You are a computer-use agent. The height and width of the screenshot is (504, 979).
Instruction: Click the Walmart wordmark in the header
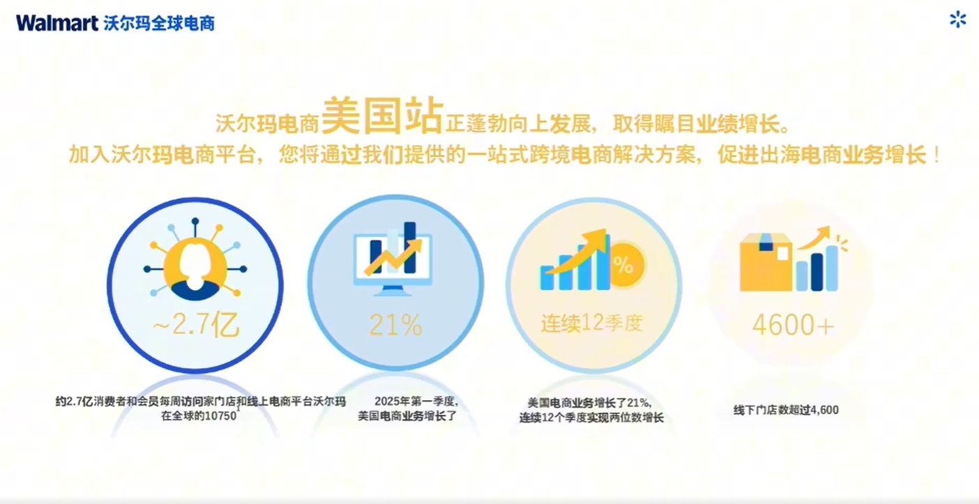click(57, 23)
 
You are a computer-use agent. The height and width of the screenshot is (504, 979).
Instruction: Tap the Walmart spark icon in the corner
click(958, 20)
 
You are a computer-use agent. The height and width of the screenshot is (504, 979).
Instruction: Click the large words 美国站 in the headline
click(382, 116)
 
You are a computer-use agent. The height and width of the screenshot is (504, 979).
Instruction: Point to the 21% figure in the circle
click(395, 325)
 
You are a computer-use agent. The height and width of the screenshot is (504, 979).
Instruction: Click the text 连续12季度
click(592, 323)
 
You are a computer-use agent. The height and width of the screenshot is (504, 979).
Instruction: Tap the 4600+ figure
click(793, 326)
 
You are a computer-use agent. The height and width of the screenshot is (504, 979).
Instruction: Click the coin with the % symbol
click(624, 265)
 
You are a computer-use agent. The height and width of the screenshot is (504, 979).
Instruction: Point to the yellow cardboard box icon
click(766, 263)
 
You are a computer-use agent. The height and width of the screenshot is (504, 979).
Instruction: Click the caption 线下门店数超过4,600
click(786, 410)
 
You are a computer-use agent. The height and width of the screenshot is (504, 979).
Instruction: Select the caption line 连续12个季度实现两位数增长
click(591, 418)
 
